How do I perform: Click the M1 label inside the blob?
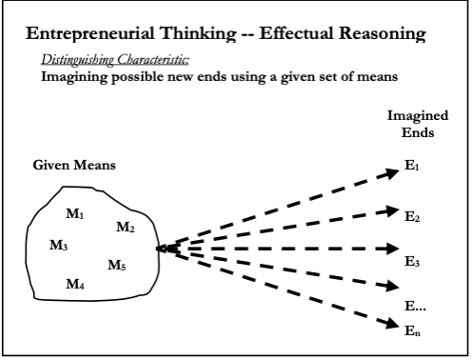(x=75, y=213)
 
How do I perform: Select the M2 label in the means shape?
(x=126, y=227)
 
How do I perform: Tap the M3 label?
(x=59, y=245)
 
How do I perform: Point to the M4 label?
(x=75, y=284)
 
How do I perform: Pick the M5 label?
(x=117, y=265)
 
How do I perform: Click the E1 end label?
(x=412, y=166)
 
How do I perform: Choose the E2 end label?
(x=412, y=216)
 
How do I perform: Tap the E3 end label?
(x=412, y=262)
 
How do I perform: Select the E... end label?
(x=415, y=306)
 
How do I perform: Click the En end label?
(x=412, y=330)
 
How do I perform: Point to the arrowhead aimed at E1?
(x=392, y=173)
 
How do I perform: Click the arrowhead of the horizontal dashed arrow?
(x=393, y=249)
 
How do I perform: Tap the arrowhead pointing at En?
(x=392, y=323)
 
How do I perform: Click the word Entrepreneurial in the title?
(x=90, y=33)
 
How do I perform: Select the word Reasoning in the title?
(x=383, y=33)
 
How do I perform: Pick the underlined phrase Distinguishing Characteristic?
(x=115, y=59)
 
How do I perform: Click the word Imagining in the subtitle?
(x=74, y=77)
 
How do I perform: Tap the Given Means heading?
(x=74, y=165)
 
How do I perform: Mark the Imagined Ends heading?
(x=418, y=124)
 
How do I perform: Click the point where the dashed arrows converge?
(x=158, y=249)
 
